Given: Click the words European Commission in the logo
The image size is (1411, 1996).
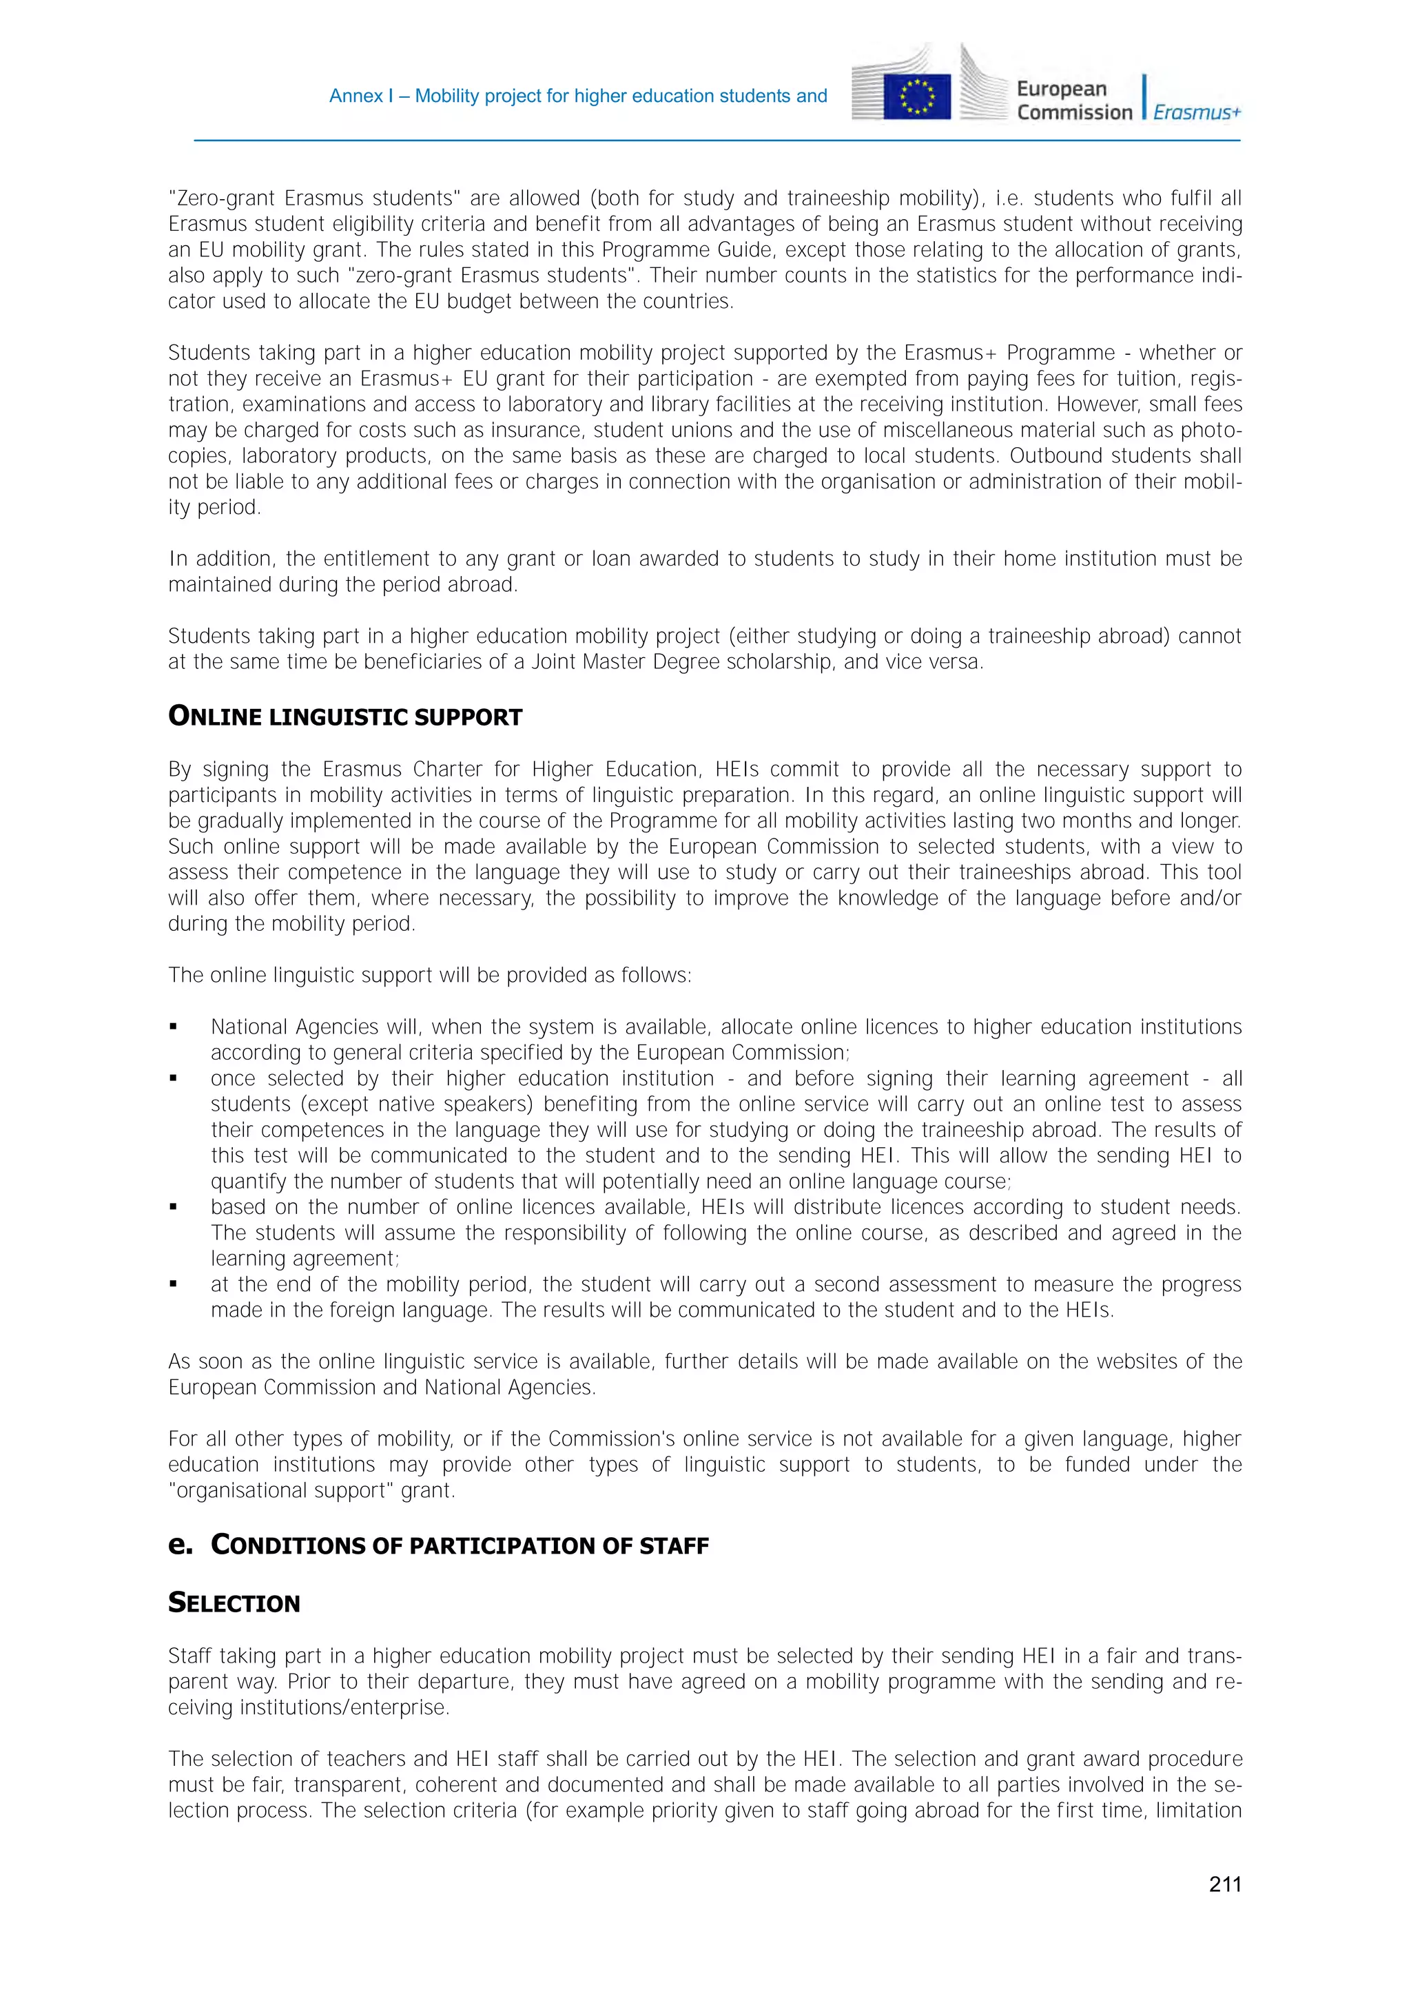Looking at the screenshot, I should click(x=1073, y=101).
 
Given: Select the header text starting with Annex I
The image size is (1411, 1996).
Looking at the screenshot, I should click(x=577, y=96).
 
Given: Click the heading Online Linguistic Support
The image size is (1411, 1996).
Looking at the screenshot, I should click(x=345, y=717).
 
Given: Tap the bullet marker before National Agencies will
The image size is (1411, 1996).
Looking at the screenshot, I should click(x=173, y=1027).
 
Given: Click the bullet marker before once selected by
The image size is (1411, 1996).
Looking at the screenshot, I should click(x=173, y=1079).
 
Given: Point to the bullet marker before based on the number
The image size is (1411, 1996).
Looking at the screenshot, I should click(x=173, y=1208).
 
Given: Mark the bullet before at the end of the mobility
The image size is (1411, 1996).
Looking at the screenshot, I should click(x=173, y=1285).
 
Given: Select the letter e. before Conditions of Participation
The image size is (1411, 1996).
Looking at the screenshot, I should click(x=180, y=1545).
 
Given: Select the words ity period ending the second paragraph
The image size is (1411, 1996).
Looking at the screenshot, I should click(x=213, y=508).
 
